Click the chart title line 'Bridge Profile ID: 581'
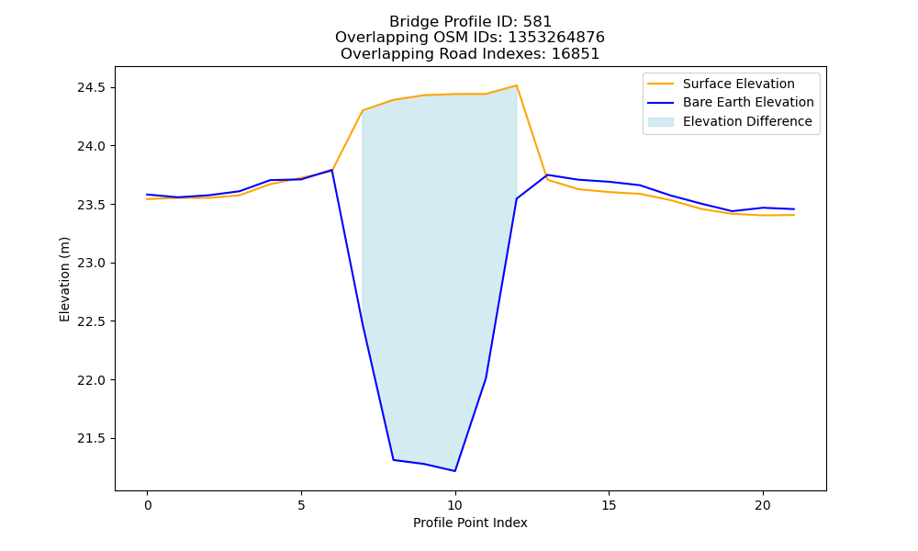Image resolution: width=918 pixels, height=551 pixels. [x=470, y=22]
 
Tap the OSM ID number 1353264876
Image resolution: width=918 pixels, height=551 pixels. [x=556, y=38]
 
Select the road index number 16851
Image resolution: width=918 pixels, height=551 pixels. [x=576, y=54]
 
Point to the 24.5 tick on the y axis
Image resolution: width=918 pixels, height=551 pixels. [x=91, y=88]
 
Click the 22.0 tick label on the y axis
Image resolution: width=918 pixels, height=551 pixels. [x=91, y=380]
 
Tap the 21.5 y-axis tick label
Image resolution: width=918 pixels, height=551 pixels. [x=91, y=439]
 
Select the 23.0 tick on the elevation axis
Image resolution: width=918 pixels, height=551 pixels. [x=91, y=263]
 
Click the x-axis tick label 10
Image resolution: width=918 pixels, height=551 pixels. [x=455, y=505]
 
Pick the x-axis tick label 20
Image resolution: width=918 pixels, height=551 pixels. [x=763, y=505]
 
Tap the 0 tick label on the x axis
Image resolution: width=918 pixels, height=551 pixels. [x=148, y=505]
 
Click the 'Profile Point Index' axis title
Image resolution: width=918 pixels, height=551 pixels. [x=470, y=523]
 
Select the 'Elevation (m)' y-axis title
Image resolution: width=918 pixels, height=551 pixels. [x=64, y=279]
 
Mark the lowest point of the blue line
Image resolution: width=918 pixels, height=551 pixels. [x=455, y=471]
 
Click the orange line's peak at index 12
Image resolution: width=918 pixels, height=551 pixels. [x=516, y=85]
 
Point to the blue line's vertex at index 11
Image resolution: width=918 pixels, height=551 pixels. [x=486, y=378]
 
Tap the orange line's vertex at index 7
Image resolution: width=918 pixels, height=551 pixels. [x=363, y=110]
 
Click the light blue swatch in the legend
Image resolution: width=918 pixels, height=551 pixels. [x=660, y=122]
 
